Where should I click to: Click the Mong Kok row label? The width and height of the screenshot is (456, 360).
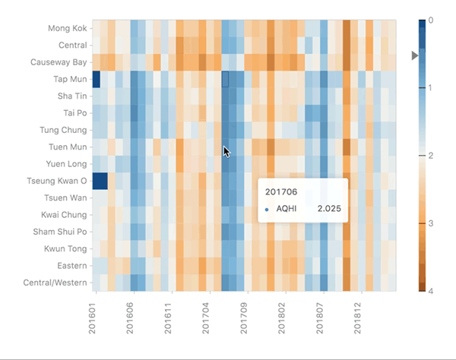[x=66, y=29]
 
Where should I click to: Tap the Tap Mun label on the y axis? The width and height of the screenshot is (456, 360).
[x=69, y=79]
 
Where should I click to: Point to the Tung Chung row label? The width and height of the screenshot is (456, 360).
[x=62, y=130]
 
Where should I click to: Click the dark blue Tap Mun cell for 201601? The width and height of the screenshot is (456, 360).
[x=96, y=79]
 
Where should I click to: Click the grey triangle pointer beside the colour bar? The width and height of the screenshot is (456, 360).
[x=415, y=55]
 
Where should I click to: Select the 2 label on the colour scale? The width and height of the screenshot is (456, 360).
[x=430, y=155]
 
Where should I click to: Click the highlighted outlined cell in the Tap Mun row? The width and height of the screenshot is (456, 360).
[x=225, y=79]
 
